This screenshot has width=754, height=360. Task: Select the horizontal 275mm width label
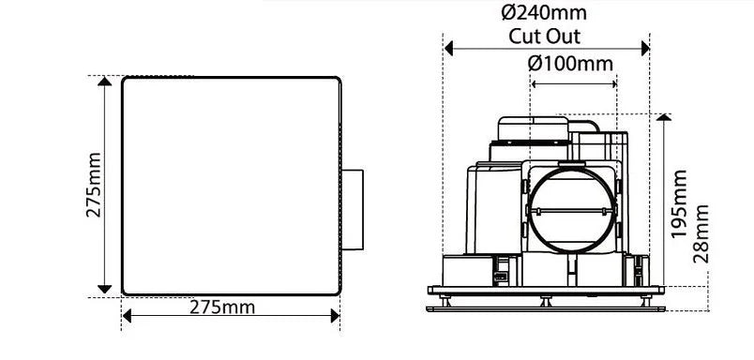click(x=222, y=307)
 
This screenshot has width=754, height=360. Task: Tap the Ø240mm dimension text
click(x=545, y=14)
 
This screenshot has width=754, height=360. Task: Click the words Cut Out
click(x=545, y=37)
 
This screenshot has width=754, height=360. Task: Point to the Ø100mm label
click(x=570, y=64)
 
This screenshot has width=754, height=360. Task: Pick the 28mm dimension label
click(x=701, y=236)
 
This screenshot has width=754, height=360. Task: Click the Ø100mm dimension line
click(x=574, y=83)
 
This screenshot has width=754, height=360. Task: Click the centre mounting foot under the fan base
click(x=545, y=301)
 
